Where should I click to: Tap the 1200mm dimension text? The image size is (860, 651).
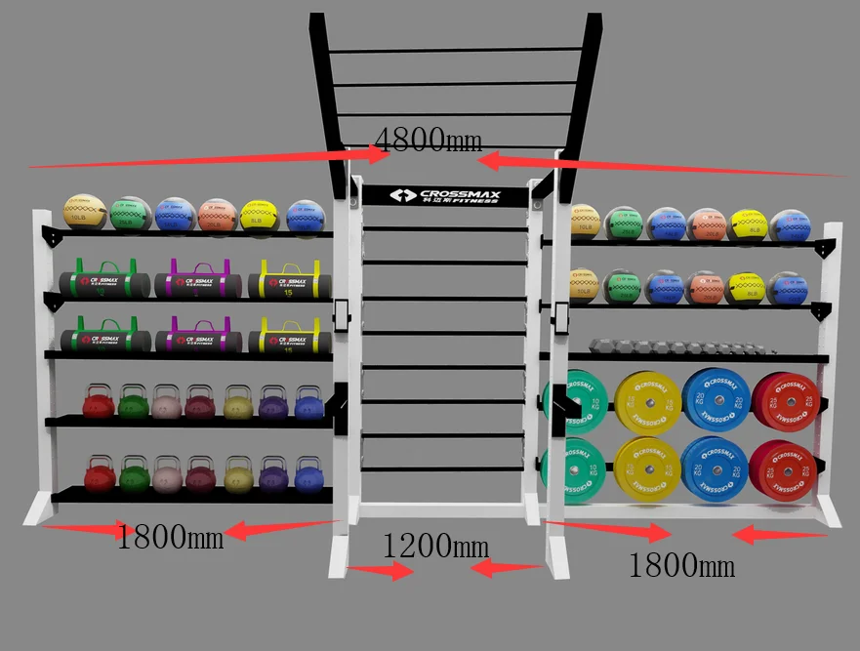pyautogui.click(x=435, y=546)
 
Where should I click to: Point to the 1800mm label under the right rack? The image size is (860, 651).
pyautogui.click(x=681, y=565)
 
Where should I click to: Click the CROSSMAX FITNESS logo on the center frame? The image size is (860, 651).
pyautogui.click(x=444, y=196)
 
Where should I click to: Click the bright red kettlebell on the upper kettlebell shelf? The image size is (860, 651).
pyautogui.click(x=98, y=402)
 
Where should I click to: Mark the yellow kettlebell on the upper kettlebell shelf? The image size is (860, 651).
pyautogui.click(x=238, y=402)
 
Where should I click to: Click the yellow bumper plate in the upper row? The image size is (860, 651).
pyautogui.click(x=647, y=401)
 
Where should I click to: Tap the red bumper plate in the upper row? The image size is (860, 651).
pyautogui.click(x=786, y=400)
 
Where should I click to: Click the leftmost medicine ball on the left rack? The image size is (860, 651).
pyautogui.click(x=84, y=214)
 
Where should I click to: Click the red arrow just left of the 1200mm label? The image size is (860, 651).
pyautogui.click(x=382, y=571)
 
